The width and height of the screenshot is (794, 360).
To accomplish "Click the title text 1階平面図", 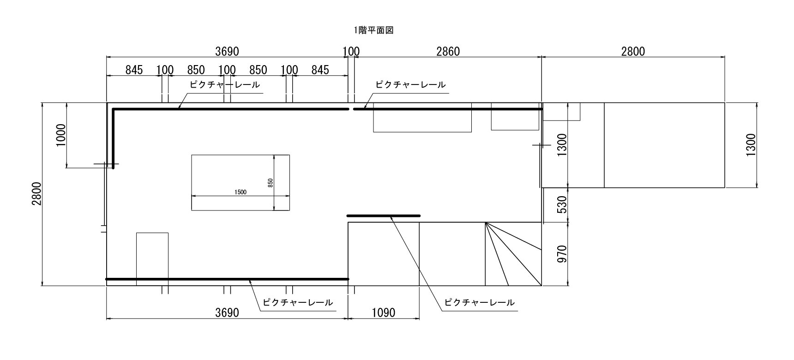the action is [373, 30].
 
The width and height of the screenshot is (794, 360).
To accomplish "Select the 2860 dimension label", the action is [448, 51].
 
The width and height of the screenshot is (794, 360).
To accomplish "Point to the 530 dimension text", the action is [562, 205].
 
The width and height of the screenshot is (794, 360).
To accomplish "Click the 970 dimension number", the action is [562, 254].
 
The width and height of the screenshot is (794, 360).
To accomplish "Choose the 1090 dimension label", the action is [384, 313].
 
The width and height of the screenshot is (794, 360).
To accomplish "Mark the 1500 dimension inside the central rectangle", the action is [241, 192].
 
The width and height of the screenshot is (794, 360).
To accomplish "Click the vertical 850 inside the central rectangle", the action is [271, 183].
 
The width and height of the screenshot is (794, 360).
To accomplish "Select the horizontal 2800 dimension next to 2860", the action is [633, 51].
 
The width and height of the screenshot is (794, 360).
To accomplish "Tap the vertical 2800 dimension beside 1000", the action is [36, 194].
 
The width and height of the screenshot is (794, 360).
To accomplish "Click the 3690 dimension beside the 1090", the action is [227, 313].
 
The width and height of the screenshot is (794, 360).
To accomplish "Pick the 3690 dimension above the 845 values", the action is [227, 51].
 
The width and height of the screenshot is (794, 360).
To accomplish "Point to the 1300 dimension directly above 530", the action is [562, 145].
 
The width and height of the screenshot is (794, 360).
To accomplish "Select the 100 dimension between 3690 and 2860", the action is [351, 51].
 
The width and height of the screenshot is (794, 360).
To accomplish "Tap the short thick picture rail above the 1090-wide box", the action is [384, 216].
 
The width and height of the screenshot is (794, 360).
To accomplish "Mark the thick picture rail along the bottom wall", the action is [227, 279].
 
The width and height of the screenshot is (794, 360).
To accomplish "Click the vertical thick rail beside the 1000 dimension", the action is [113, 138].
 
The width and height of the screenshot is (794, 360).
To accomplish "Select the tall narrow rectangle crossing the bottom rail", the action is [152, 259].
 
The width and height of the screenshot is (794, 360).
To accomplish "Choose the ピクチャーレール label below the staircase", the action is [479, 303].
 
